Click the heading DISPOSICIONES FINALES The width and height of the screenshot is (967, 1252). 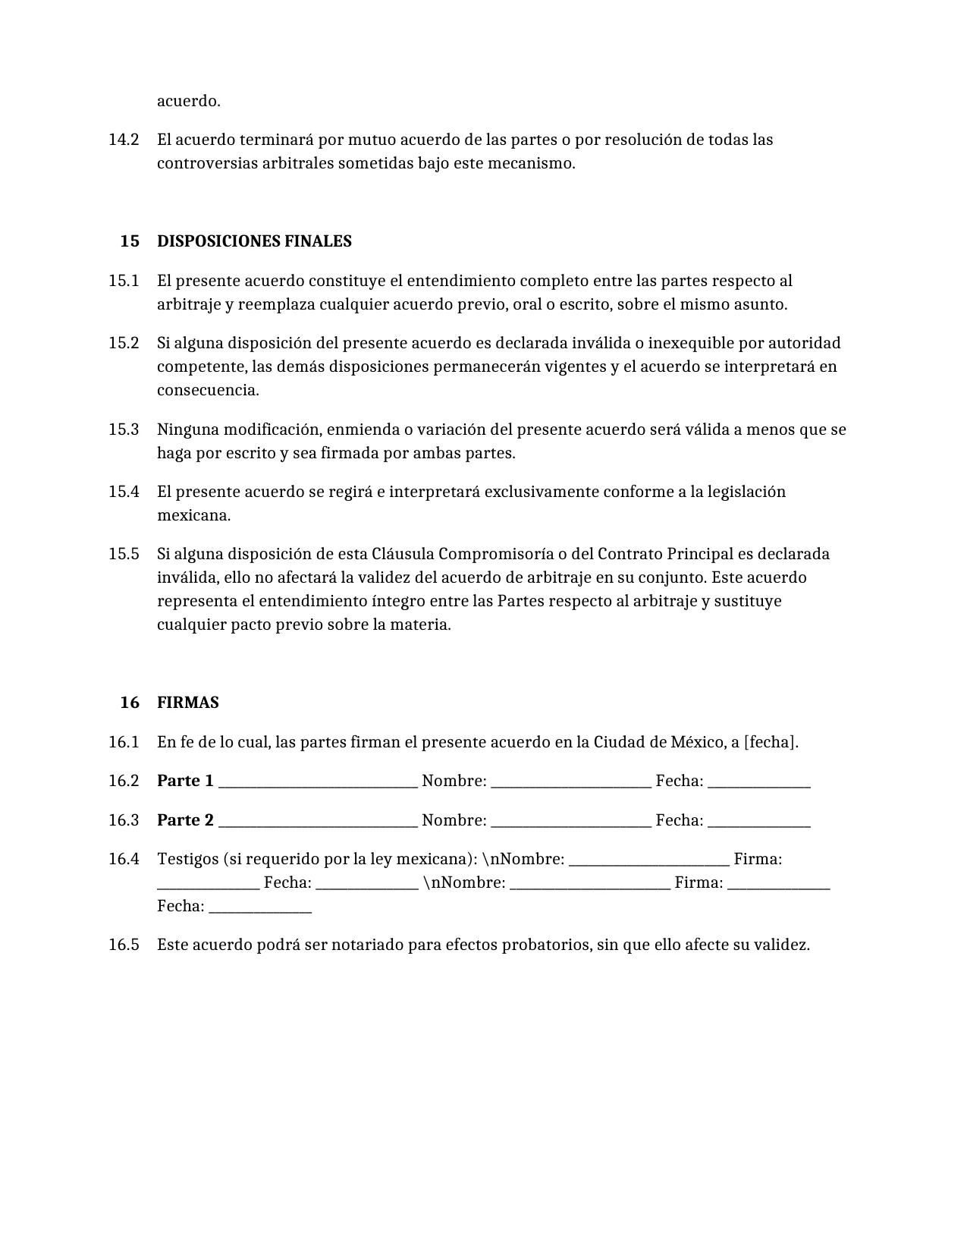point(254,241)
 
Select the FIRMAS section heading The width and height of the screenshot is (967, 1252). point(188,703)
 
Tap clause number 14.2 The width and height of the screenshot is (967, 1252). point(124,140)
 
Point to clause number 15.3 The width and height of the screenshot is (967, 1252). point(124,429)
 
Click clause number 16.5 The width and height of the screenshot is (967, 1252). point(124,945)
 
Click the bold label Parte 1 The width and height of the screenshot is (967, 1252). point(185,781)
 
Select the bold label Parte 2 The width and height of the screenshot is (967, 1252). point(185,820)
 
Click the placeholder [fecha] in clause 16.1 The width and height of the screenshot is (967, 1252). point(771,742)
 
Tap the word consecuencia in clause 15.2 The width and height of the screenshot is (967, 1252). point(206,391)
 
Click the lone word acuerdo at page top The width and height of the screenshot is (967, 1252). point(188,101)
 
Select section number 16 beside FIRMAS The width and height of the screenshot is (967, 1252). point(130,703)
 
